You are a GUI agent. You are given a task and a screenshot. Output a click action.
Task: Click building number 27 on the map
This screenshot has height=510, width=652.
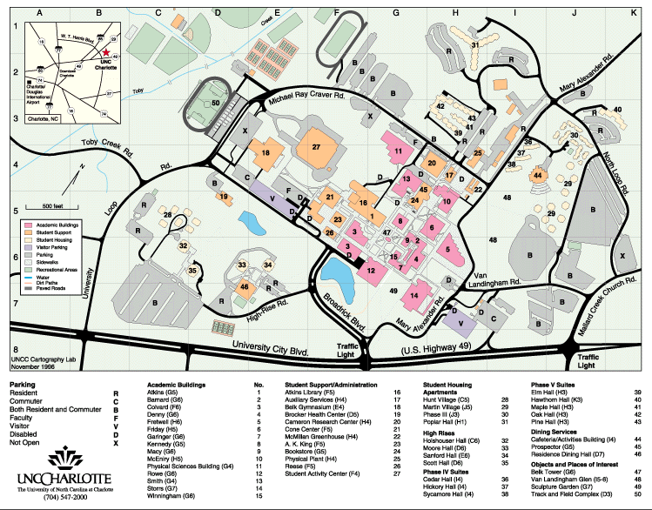[317, 147]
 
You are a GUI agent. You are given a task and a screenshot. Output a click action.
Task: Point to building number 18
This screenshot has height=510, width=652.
[266, 153]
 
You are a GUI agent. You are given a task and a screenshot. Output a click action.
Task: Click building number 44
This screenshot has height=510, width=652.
[538, 175]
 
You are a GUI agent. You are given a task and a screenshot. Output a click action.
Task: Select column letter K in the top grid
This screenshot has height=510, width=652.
[633, 13]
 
